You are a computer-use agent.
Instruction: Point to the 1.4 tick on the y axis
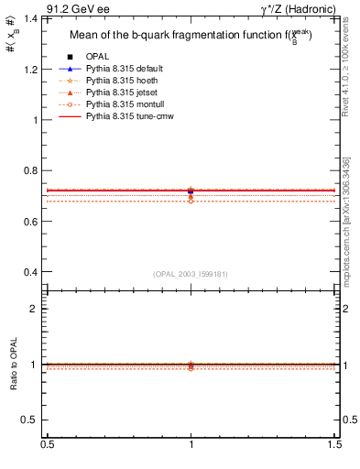[34, 19]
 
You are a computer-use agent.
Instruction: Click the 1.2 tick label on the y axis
[34, 70]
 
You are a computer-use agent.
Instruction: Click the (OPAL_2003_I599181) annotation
[191, 274]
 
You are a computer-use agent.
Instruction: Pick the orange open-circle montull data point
[191, 200]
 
